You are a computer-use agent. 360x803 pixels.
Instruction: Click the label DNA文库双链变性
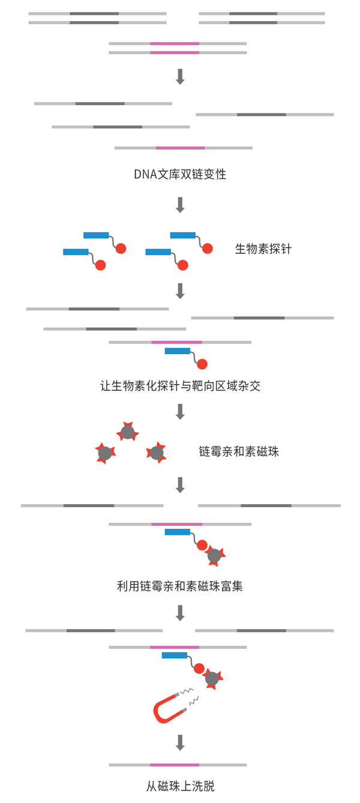click(180, 174)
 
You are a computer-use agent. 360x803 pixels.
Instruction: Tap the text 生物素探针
click(263, 249)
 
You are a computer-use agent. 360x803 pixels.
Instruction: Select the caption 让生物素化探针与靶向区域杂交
click(180, 386)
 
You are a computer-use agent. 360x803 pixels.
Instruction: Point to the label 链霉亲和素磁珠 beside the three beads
click(239, 451)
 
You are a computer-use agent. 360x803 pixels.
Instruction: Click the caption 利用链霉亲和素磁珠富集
click(180, 586)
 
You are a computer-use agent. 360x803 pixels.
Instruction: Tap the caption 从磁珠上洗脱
click(180, 786)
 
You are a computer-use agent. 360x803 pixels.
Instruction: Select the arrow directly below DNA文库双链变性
click(180, 205)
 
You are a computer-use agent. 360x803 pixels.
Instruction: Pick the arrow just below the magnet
click(180, 743)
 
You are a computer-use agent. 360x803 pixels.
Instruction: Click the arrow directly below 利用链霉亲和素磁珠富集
click(180, 613)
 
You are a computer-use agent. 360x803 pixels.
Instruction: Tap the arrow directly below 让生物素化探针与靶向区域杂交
click(180, 412)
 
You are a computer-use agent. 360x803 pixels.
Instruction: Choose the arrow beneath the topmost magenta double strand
click(180, 77)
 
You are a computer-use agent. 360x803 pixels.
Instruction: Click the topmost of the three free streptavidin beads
click(128, 432)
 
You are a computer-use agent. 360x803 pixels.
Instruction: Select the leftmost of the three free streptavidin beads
click(105, 454)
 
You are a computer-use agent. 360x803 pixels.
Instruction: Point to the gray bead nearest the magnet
click(212, 678)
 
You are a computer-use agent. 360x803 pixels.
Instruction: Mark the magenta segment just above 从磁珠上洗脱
click(175, 765)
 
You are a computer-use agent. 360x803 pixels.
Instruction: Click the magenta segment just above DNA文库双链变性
click(181, 148)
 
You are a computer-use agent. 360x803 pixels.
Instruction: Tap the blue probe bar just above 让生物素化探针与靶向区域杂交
click(178, 351)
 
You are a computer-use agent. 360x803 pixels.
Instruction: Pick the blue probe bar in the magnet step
click(175, 655)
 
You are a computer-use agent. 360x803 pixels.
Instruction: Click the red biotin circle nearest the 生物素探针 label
click(207, 248)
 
